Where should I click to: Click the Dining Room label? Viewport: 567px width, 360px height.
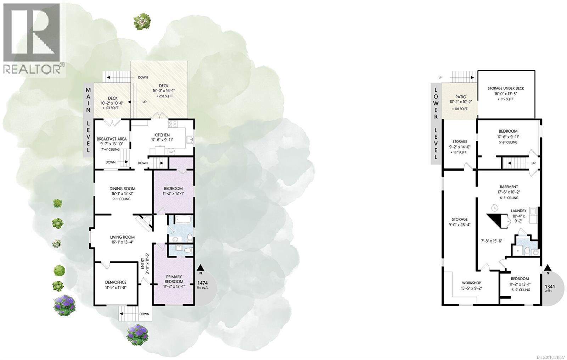point(122,188)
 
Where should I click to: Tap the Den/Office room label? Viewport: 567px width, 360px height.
point(116,282)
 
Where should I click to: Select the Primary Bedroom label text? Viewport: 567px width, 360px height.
point(174,279)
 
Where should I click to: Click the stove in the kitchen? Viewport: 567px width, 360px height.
point(173,124)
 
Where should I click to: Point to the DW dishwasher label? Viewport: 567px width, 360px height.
point(171,152)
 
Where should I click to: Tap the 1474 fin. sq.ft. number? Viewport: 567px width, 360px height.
point(202,283)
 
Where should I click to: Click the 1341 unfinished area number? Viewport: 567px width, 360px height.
point(550,287)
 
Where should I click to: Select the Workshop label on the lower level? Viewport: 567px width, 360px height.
point(471,283)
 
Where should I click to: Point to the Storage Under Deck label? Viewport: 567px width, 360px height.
point(506,88)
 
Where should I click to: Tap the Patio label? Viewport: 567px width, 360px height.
point(460,97)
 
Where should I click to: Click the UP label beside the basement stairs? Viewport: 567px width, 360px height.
point(533,163)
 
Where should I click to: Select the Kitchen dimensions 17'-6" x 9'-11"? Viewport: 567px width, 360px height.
point(162,140)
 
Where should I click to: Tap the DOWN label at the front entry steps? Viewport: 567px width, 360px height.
point(144,314)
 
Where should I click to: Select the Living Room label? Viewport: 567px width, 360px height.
point(122,237)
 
